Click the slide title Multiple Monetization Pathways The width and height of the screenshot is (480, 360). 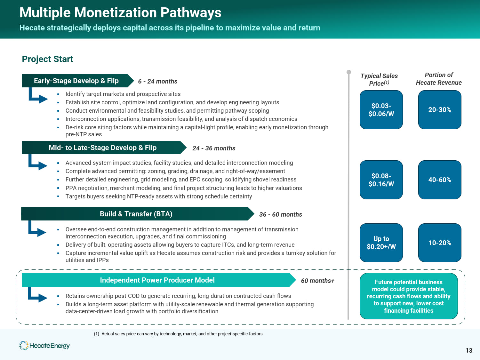[120, 13]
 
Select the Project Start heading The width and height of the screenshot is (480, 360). [47, 59]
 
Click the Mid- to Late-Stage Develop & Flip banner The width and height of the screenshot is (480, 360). [102, 148]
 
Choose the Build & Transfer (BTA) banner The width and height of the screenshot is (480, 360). [136, 214]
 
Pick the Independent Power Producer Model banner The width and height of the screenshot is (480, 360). [157, 280]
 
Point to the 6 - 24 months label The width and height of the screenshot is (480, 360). [157, 82]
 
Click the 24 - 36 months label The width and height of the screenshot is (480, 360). [214, 148]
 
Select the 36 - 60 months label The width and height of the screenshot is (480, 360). [280, 215]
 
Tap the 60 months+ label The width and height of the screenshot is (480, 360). [317, 281]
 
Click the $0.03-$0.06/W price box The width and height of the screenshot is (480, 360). [381, 110]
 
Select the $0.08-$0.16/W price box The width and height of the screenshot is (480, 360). [381, 180]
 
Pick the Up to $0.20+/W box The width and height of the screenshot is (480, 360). [381, 243]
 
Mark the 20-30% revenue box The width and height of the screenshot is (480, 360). [440, 110]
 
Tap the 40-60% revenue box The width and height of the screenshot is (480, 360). [440, 180]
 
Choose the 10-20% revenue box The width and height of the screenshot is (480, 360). [440, 243]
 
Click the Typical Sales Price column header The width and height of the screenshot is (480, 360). [379, 80]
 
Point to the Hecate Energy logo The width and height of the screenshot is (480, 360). [44, 346]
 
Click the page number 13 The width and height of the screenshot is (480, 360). [469, 351]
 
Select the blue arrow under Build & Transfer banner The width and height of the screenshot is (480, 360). [37, 229]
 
